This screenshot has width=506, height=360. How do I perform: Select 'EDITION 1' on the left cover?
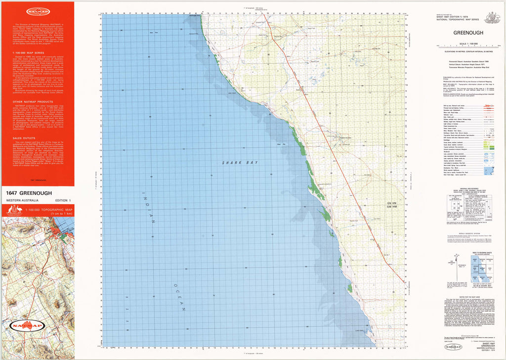point(62,200)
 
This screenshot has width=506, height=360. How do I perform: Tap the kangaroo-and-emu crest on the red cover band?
point(11,210)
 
